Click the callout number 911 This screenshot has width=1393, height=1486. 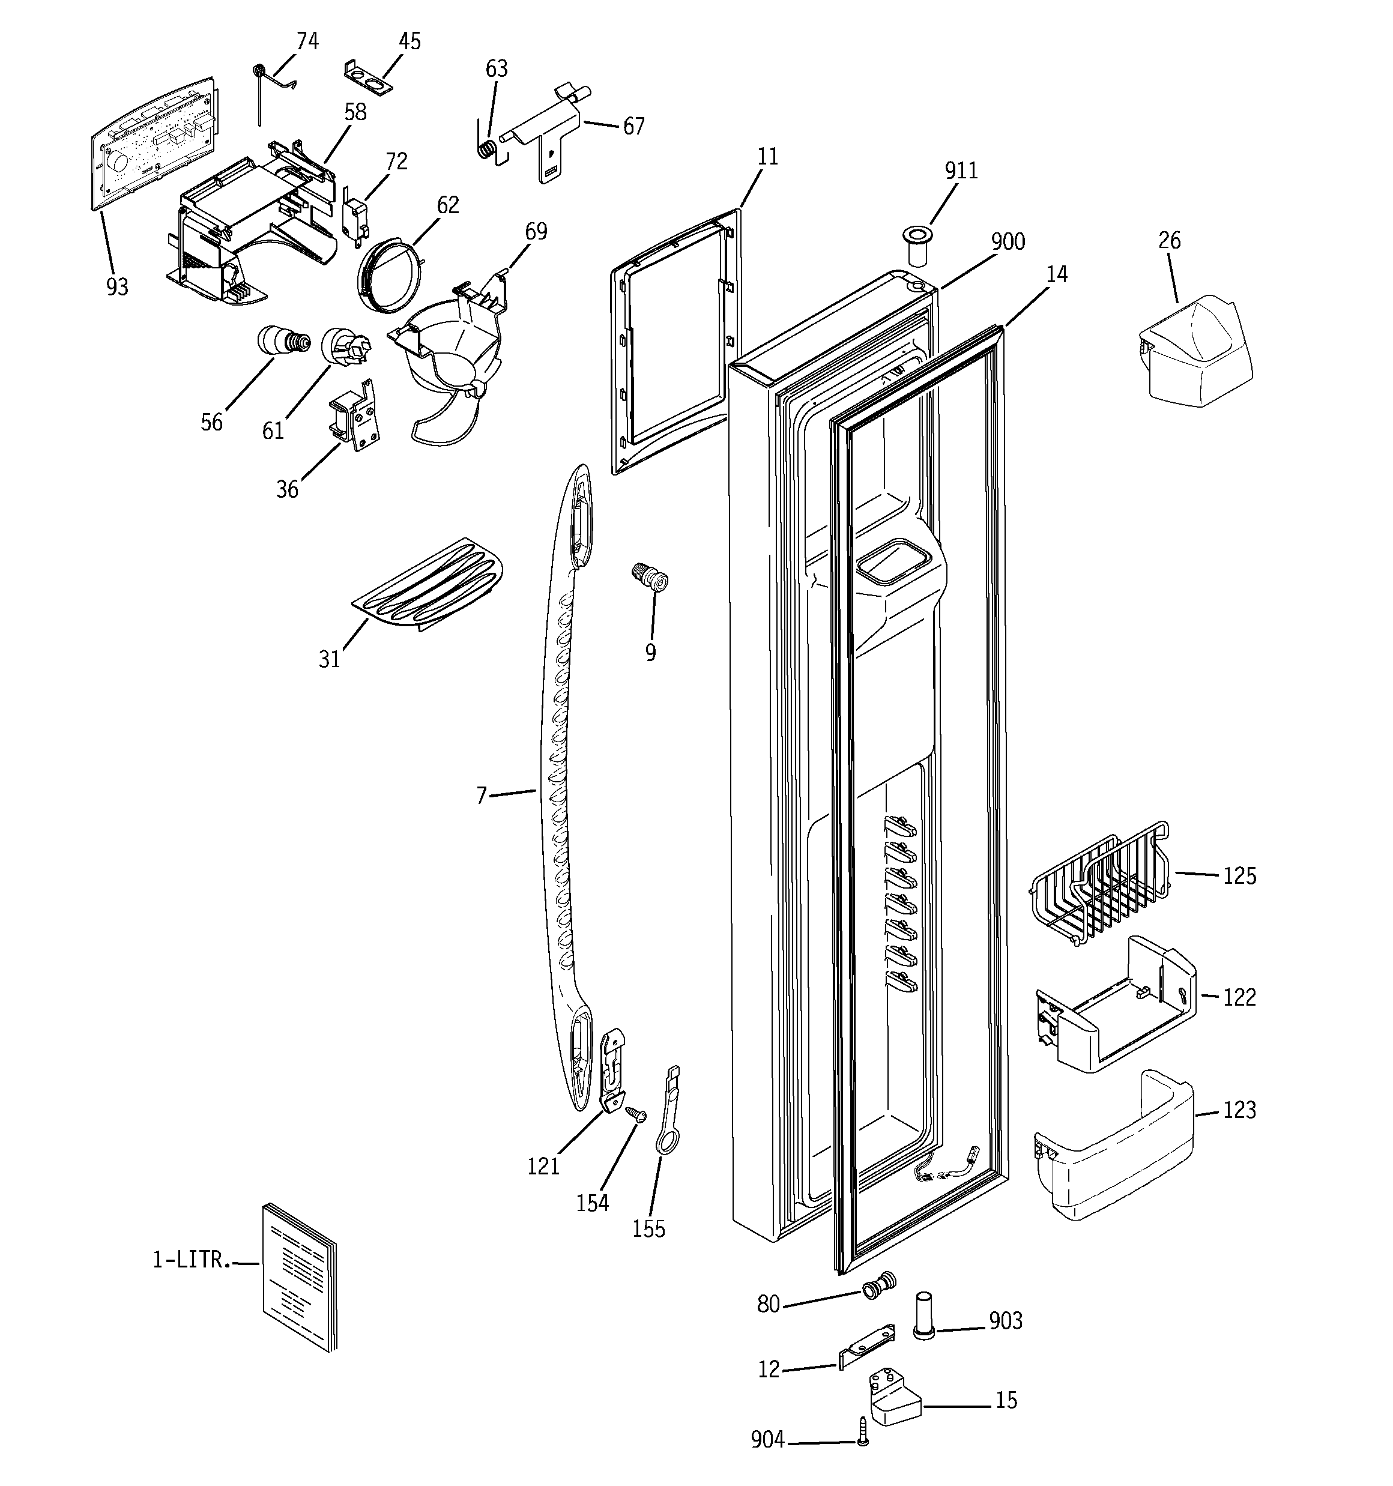click(x=961, y=171)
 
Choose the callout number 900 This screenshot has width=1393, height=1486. click(x=1007, y=242)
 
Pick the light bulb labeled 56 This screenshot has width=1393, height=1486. click(x=280, y=342)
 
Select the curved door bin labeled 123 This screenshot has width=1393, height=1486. click(x=1114, y=1151)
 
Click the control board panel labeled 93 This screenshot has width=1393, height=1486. click(x=153, y=142)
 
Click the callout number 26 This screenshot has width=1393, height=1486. click(x=1170, y=241)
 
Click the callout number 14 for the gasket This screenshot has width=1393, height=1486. click(x=1056, y=275)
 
